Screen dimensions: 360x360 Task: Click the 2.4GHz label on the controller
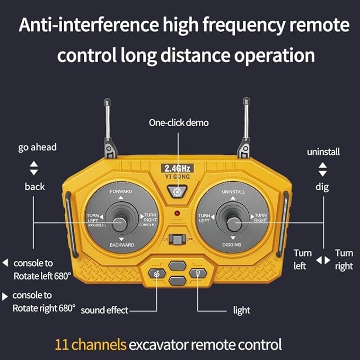click(177, 168)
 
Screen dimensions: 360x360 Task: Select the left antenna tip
click(107, 101)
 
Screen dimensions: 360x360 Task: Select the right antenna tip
click(246, 101)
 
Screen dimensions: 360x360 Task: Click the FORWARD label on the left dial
click(121, 190)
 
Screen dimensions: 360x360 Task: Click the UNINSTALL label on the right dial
click(233, 191)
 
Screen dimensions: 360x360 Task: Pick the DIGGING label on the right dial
click(232, 244)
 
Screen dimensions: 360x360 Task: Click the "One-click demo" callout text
click(178, 123)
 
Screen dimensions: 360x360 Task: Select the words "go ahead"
click(37, 147)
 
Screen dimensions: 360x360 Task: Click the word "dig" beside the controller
click(322, 187)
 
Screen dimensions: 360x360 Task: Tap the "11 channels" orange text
click(91, 345)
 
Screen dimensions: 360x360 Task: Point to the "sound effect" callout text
click(104, 310)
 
